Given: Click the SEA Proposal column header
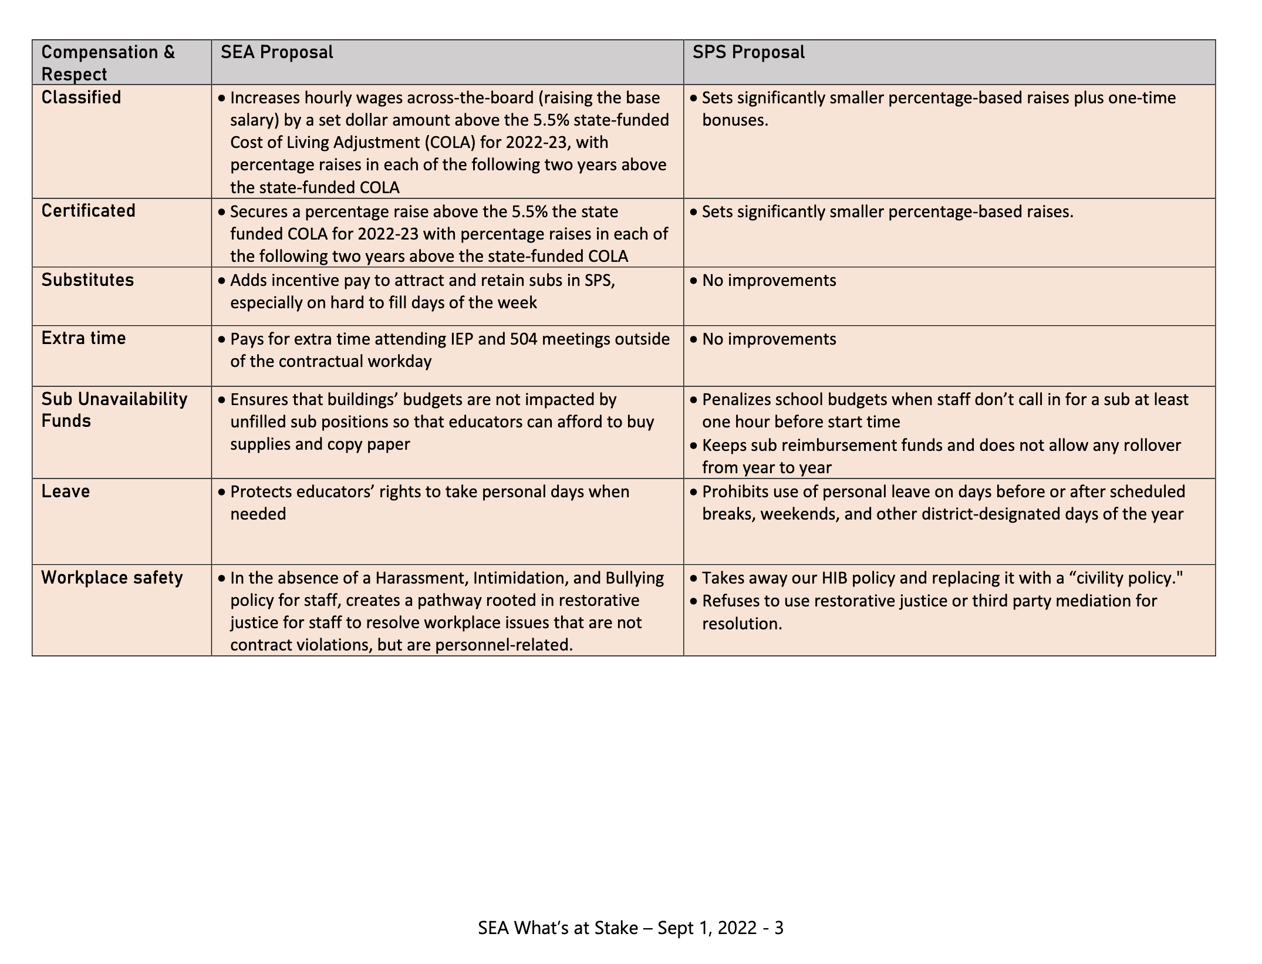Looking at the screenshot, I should pos(276,52).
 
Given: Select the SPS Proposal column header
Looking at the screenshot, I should pos(748,52).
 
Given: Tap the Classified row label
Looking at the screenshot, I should pos(81,97).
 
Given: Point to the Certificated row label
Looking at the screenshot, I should pos(88,210).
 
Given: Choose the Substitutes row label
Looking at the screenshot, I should pos(87,279).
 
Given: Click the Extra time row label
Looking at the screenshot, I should pos(83,338).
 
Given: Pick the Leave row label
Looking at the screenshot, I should pos(65,491).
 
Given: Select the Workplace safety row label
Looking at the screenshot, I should pos(112,578).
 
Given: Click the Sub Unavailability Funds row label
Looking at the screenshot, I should pos(114,410).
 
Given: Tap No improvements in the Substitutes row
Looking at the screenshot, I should pos(769,281).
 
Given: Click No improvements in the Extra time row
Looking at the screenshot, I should pos(769,339).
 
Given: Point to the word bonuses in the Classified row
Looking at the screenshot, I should pos(734,120).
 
